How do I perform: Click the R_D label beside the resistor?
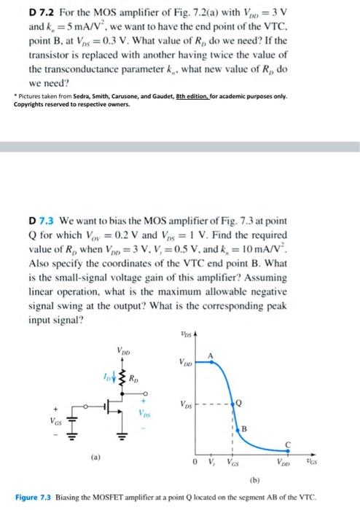coord(136,379)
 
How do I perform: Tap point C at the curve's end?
coord(309,443)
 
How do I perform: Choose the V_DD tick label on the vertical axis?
coord(185,362)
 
